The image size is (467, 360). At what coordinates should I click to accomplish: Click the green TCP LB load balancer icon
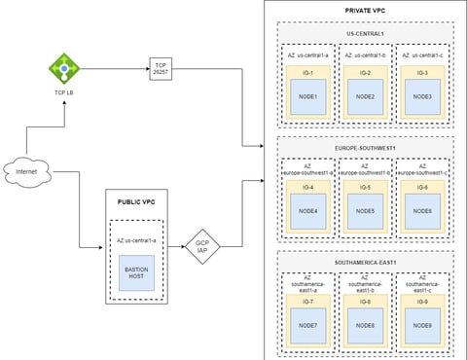(x=65, y=68)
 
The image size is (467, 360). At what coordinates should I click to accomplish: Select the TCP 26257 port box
(x=160, y=67)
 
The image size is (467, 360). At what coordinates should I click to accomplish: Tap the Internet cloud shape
(x=26, y=173)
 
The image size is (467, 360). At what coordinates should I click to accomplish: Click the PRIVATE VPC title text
(x=366, y=10)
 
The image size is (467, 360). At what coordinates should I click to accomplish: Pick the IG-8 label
(x=366, y=303)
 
